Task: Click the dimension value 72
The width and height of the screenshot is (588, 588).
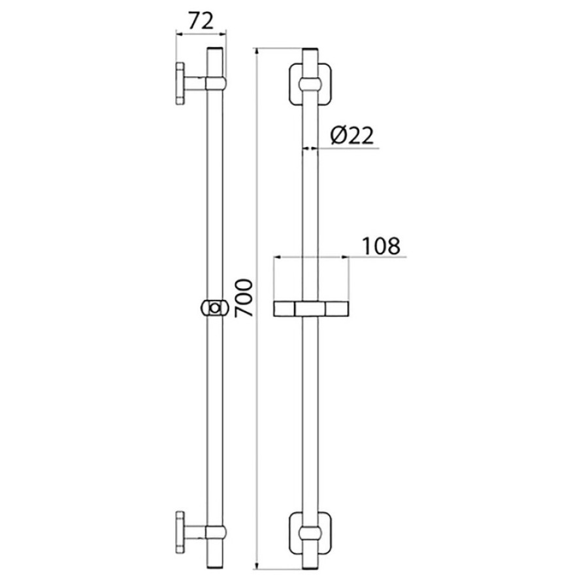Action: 201,21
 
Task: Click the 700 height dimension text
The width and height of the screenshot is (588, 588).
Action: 244,299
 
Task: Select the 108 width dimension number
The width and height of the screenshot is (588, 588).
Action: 381,246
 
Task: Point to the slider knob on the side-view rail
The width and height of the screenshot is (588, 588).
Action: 214,308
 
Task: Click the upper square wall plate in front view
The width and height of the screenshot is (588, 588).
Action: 310,85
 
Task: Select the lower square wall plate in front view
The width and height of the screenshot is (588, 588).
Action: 310,532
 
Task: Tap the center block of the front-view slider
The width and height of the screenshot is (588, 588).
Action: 310,309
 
